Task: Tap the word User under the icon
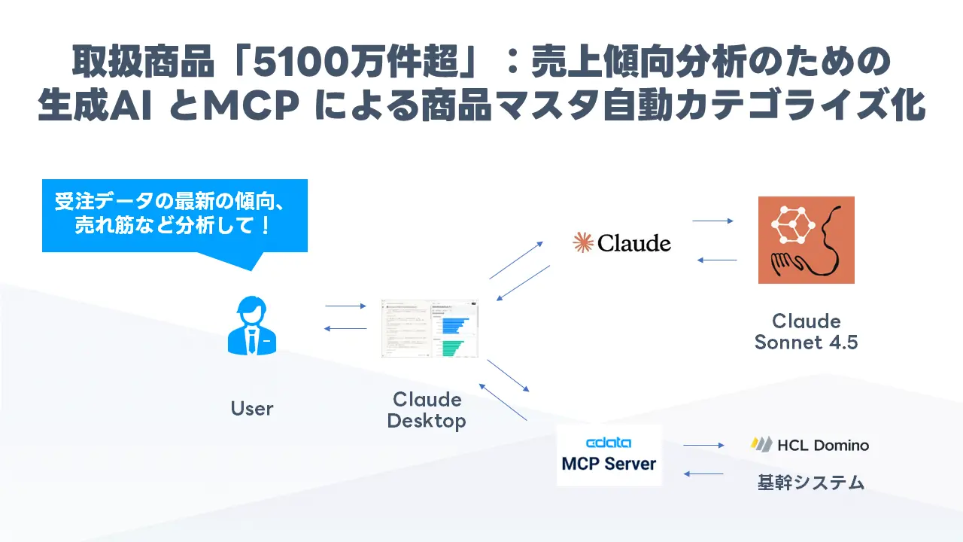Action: tap(252, 409)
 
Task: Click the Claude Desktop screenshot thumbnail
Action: tap(430, 330)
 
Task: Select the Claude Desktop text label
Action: tap(427, 410)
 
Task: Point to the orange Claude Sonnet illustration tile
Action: tap(806, 239)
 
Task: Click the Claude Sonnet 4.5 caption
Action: tap(806, 331)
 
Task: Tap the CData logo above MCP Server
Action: tap(609, 443)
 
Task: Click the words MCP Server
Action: tap(609, 463)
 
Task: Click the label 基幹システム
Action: tap(810, 483)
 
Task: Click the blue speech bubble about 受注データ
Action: tap(175, 215)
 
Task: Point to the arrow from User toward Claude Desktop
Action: tap(345, 306)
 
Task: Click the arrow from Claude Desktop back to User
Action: tap(345, 328)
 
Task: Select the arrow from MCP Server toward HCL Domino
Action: tap(703, 446)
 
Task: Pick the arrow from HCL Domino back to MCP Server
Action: tap(703, 473)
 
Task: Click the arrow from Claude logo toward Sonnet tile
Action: tap(712, 221)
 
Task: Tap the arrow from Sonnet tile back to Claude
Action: tap(716, 260)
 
